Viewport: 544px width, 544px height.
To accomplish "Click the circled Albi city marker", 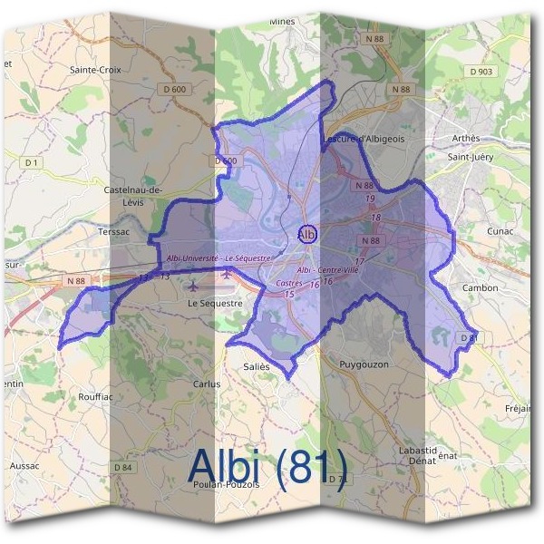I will coord(307,234).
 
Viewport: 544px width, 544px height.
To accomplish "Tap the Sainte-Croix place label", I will coord(94,68).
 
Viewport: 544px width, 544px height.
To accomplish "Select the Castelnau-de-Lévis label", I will coord(132,195).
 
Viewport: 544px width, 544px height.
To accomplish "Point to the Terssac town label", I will coord(115,231).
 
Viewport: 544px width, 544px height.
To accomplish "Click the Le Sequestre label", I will coord(215,304).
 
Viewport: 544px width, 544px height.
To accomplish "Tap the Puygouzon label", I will coord(363,364).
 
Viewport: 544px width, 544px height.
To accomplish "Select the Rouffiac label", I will coord(95,396).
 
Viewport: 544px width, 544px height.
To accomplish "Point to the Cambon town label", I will coord(481,287).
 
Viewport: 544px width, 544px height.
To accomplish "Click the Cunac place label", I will coord(500,230).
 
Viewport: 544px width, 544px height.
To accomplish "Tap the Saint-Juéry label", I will coord(470,156).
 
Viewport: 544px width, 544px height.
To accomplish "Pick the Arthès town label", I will coord(464,138).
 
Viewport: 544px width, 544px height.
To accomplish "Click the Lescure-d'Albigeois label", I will coord(364,139).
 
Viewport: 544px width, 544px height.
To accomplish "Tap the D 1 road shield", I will coord(33,161).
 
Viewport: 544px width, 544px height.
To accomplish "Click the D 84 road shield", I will coord(123,467).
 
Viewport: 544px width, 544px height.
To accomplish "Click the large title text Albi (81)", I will coord(267,469).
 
